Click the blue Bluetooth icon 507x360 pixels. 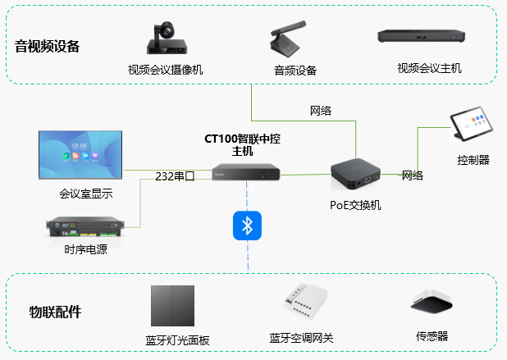(246, 226)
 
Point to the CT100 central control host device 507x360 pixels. (246, 172)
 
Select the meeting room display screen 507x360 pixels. (80, 155)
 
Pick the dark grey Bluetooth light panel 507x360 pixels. (172, 306)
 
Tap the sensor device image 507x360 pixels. (432, 306)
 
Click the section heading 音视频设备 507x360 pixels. (48, 46)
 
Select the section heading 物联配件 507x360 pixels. (55, 312)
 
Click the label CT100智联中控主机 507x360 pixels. (244, 145)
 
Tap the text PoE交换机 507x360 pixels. (355, 205)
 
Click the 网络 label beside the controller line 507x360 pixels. (413, 175)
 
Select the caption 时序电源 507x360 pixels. (85, 250)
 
